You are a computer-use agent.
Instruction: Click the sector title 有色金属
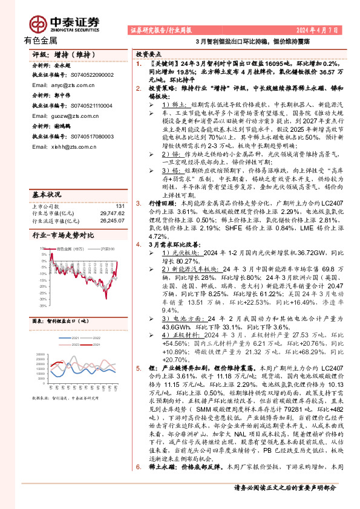click(41, 41)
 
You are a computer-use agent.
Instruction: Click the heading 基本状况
click(47, 178)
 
